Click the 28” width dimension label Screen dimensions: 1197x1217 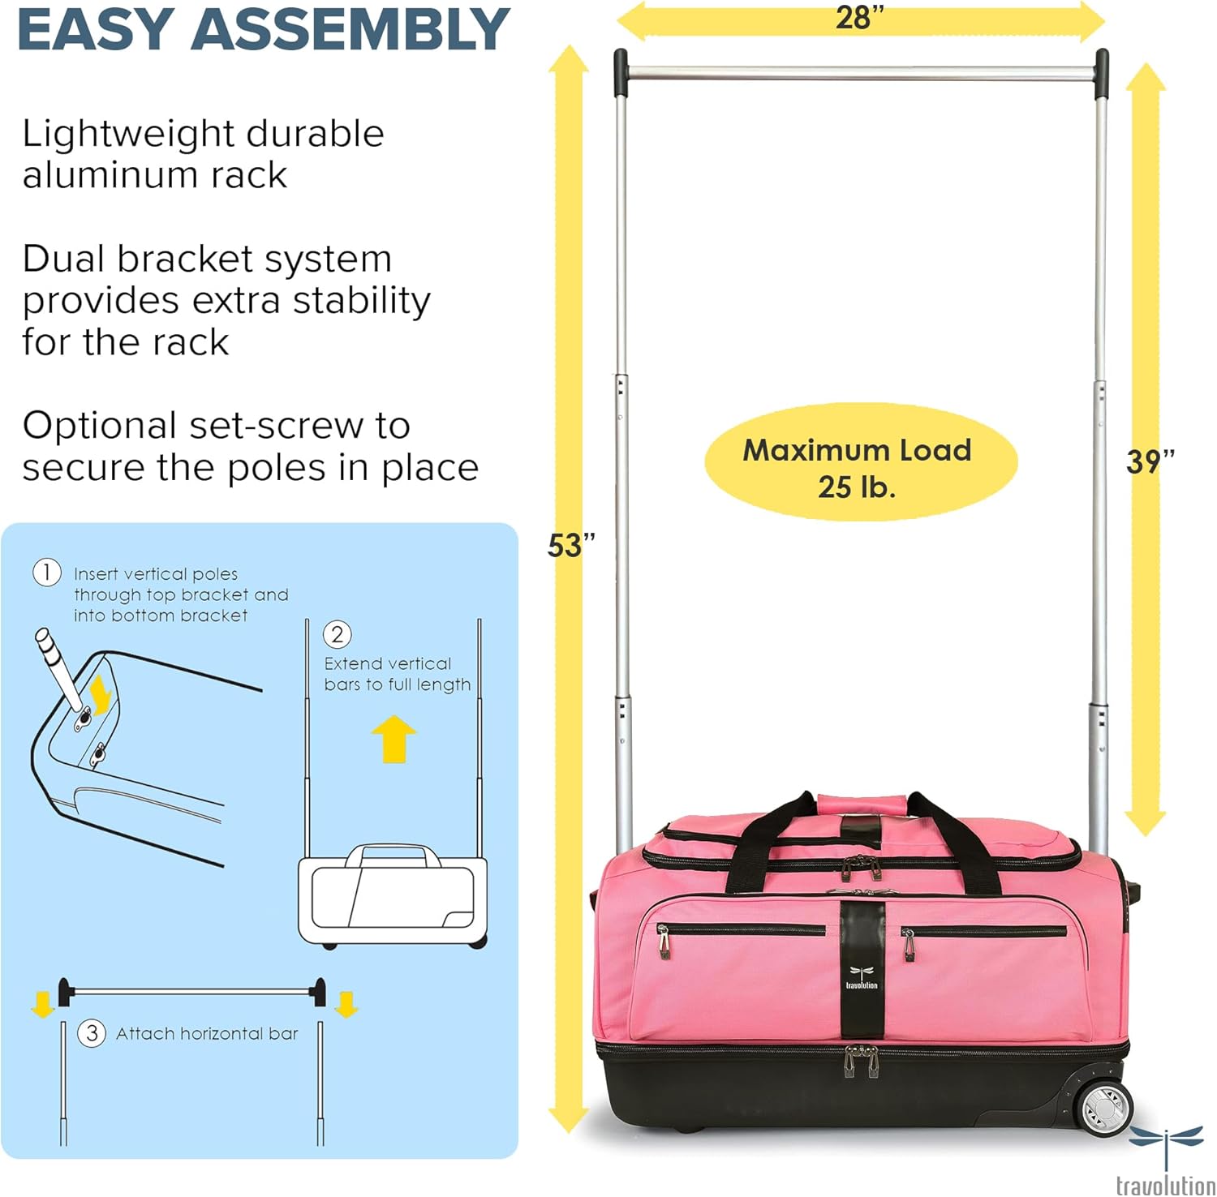[858, 18]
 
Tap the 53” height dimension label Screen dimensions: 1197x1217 [571, 545]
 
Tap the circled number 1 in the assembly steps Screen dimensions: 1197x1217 [46, 573]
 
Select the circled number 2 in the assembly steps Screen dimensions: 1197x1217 [338, 634]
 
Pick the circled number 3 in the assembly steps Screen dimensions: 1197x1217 [92, 1033]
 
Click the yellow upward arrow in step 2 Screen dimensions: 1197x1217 [393, 737]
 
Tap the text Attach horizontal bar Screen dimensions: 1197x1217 [207, 1033]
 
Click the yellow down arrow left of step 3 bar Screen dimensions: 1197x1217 [42, 1005]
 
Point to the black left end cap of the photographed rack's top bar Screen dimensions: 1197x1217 [620, 71]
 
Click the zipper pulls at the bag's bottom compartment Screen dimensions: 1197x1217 [861, 1061]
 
